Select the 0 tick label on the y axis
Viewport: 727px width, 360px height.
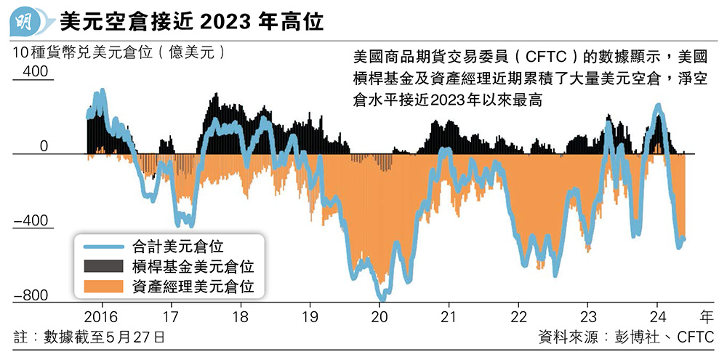point(44,147)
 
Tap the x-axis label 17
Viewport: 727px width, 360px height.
point(171,318)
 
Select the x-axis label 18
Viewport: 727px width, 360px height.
point(241,318)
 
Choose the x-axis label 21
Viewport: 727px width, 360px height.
point(450,318)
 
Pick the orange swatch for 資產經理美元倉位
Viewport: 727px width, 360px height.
point(104,287)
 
